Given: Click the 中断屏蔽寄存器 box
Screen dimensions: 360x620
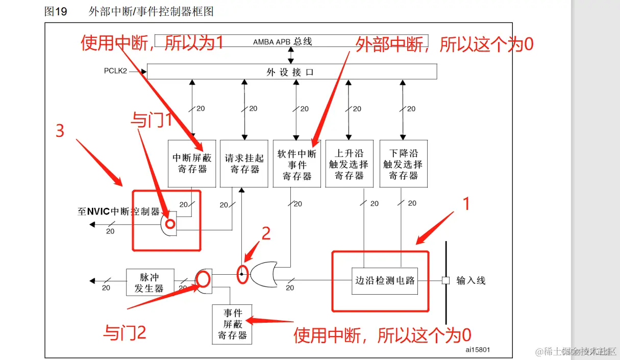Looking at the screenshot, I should click(192, 163).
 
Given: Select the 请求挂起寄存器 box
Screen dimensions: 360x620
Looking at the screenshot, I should click(244, 163).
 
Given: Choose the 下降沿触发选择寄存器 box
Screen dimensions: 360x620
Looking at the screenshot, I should click(403, 163).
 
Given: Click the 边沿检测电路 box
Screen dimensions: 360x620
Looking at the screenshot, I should click(385, 280).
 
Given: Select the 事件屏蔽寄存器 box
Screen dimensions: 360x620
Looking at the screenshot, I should click(232, 324).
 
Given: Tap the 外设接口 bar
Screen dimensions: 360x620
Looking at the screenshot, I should click(291, 72).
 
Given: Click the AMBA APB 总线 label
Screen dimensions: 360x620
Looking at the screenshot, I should click(282, 41).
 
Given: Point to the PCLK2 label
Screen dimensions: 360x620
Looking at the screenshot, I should click(115, 71).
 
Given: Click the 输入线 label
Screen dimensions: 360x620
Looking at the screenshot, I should click(470, 280).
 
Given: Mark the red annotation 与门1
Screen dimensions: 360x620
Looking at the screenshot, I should click(152, 121).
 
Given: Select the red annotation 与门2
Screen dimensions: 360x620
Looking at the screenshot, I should click(125, 333).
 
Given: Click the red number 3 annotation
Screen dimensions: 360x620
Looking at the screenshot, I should click(60, 131).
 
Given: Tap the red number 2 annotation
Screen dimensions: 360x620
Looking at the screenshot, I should click(266, 233).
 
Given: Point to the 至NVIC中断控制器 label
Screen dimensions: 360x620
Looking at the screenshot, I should click(118, 211).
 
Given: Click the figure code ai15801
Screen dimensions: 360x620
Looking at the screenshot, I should click(478, 350).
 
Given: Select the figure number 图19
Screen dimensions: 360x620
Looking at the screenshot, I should click(56, 11).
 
